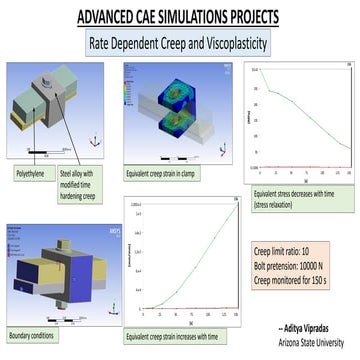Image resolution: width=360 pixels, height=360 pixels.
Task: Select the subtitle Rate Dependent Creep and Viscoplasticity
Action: tap(180, 43)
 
